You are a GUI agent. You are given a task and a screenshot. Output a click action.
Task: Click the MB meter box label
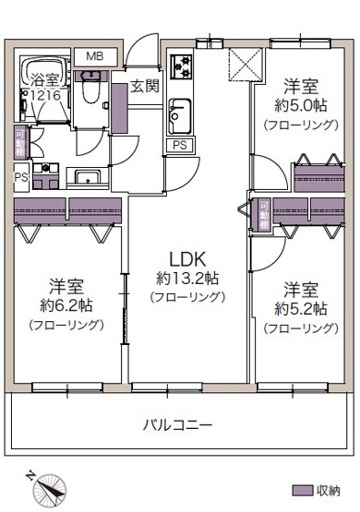pos(95,56)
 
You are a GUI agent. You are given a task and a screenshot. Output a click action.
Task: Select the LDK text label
pos(187,259)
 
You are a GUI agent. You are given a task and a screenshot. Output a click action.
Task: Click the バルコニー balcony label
pos(178,424)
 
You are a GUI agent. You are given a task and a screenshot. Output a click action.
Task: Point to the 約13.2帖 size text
pos(187,279)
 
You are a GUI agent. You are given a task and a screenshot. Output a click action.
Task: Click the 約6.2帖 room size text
pos(66,305)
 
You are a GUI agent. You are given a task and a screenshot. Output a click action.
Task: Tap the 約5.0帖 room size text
pos(301,105)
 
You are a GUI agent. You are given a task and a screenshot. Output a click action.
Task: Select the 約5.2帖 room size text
pos(301,308)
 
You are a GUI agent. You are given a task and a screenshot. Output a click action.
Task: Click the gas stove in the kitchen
pos(181,67)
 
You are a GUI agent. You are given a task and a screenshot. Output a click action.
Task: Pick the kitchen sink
pos(180,116)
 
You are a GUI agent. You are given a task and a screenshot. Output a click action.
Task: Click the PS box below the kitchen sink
pos(180,145)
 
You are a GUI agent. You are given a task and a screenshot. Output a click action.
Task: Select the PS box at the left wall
pos(21,176)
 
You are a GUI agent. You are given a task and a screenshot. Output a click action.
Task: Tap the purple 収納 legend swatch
pos(302,491)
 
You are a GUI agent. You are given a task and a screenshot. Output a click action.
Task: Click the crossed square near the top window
pos(245,65)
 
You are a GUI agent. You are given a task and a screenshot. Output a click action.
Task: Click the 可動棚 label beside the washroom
pos(20,143)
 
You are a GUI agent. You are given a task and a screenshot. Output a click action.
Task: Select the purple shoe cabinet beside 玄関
pos(119,109)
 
